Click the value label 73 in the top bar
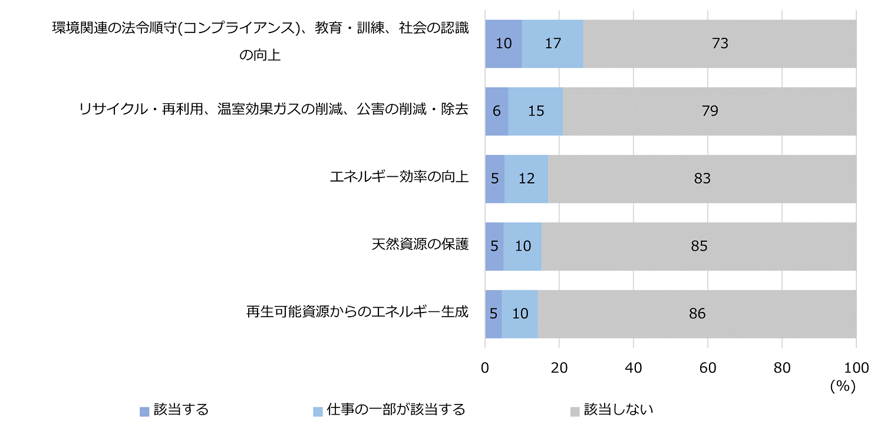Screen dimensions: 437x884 [x=720, y=44]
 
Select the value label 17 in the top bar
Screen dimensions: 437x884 [x=552, y=44]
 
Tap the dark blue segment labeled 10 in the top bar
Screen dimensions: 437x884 [x=503, y=44]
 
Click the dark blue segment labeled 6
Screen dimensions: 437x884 [x=497, y=111]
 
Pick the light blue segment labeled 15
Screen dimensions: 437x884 [x=535, y=111]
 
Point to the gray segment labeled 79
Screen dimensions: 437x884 [x=710, y=111]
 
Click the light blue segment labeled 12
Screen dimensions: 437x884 [x=526, y=179]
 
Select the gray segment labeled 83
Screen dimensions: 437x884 [x=702, y=179]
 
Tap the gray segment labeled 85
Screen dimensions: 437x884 [x=699, y=247]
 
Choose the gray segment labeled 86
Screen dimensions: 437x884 [x=697, y=314]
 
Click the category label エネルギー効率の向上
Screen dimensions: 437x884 [x=399, y=177]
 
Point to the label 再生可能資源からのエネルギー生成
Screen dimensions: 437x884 [x=357, y=312]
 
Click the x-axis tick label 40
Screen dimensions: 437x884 [x=634, y=367]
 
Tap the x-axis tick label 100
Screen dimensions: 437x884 [x=856, y=367]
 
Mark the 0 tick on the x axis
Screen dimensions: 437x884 [x=485, y=367]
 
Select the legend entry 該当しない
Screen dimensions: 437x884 [x=618, y=410]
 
